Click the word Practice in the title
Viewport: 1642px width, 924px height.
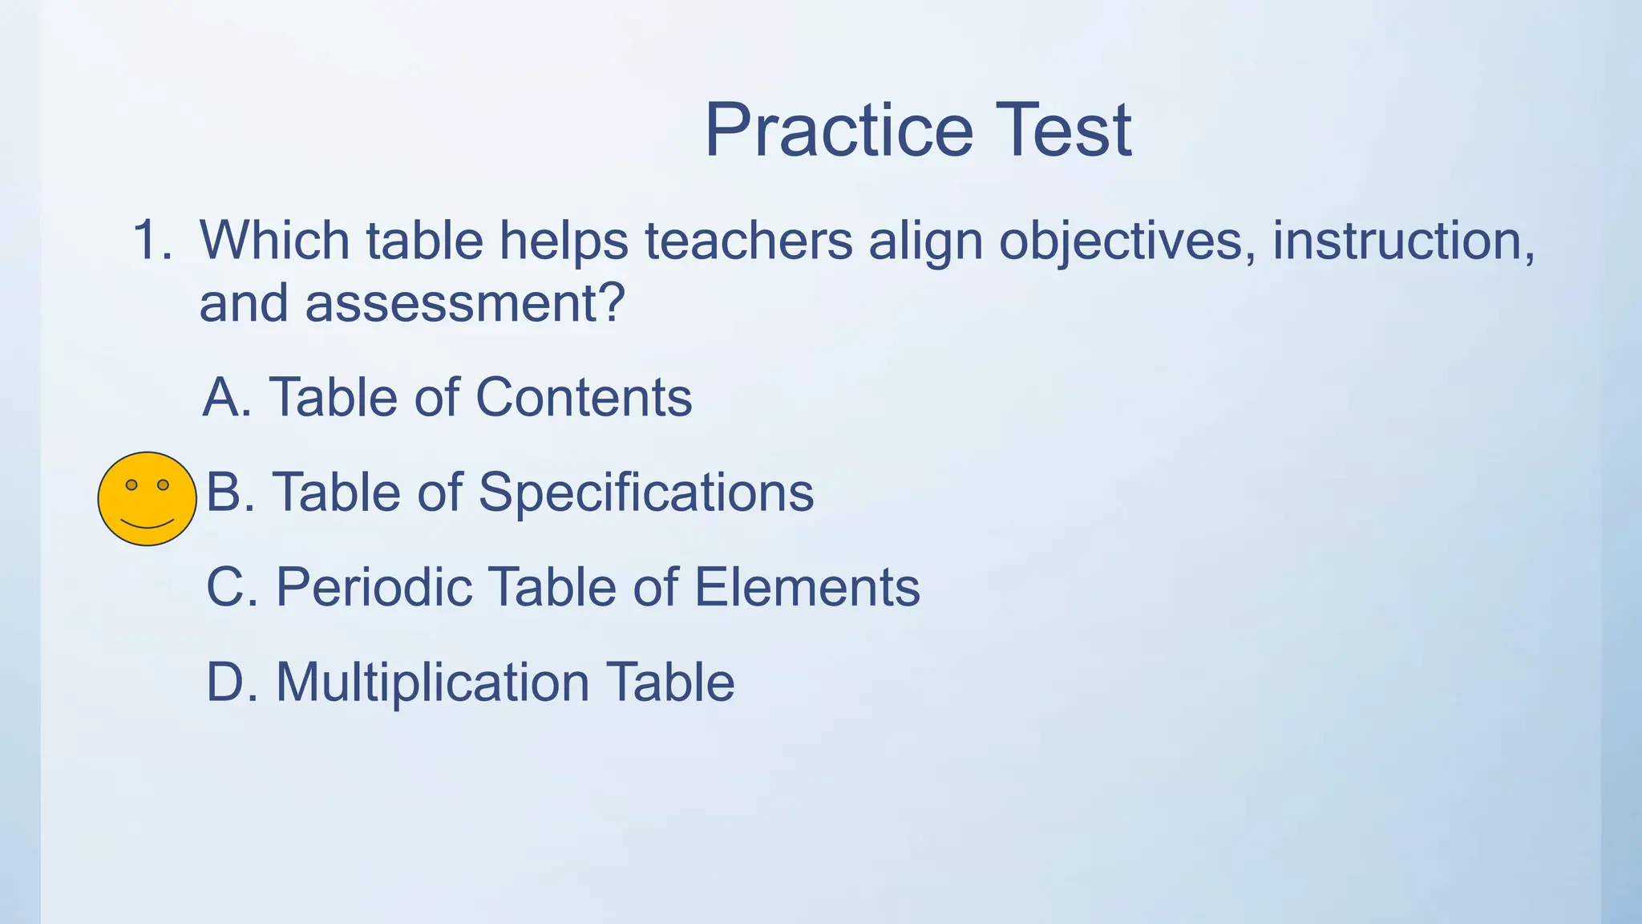coord(838,131)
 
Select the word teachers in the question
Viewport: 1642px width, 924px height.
coord(748,240)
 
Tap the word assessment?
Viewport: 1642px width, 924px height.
coord(464,304)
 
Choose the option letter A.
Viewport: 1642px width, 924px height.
coord(225,397)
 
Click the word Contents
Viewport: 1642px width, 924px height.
coord(583,397)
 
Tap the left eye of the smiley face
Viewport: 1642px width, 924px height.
coord(131,484)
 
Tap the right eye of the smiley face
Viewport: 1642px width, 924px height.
coord(163,484)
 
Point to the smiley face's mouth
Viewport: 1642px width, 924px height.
coord(147,525)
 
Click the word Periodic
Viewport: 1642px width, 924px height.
coord(373,587)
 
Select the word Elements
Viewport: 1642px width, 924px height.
coord(806,587)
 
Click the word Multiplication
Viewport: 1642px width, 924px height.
coord(433,683)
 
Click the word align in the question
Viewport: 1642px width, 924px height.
coord(925,241)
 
